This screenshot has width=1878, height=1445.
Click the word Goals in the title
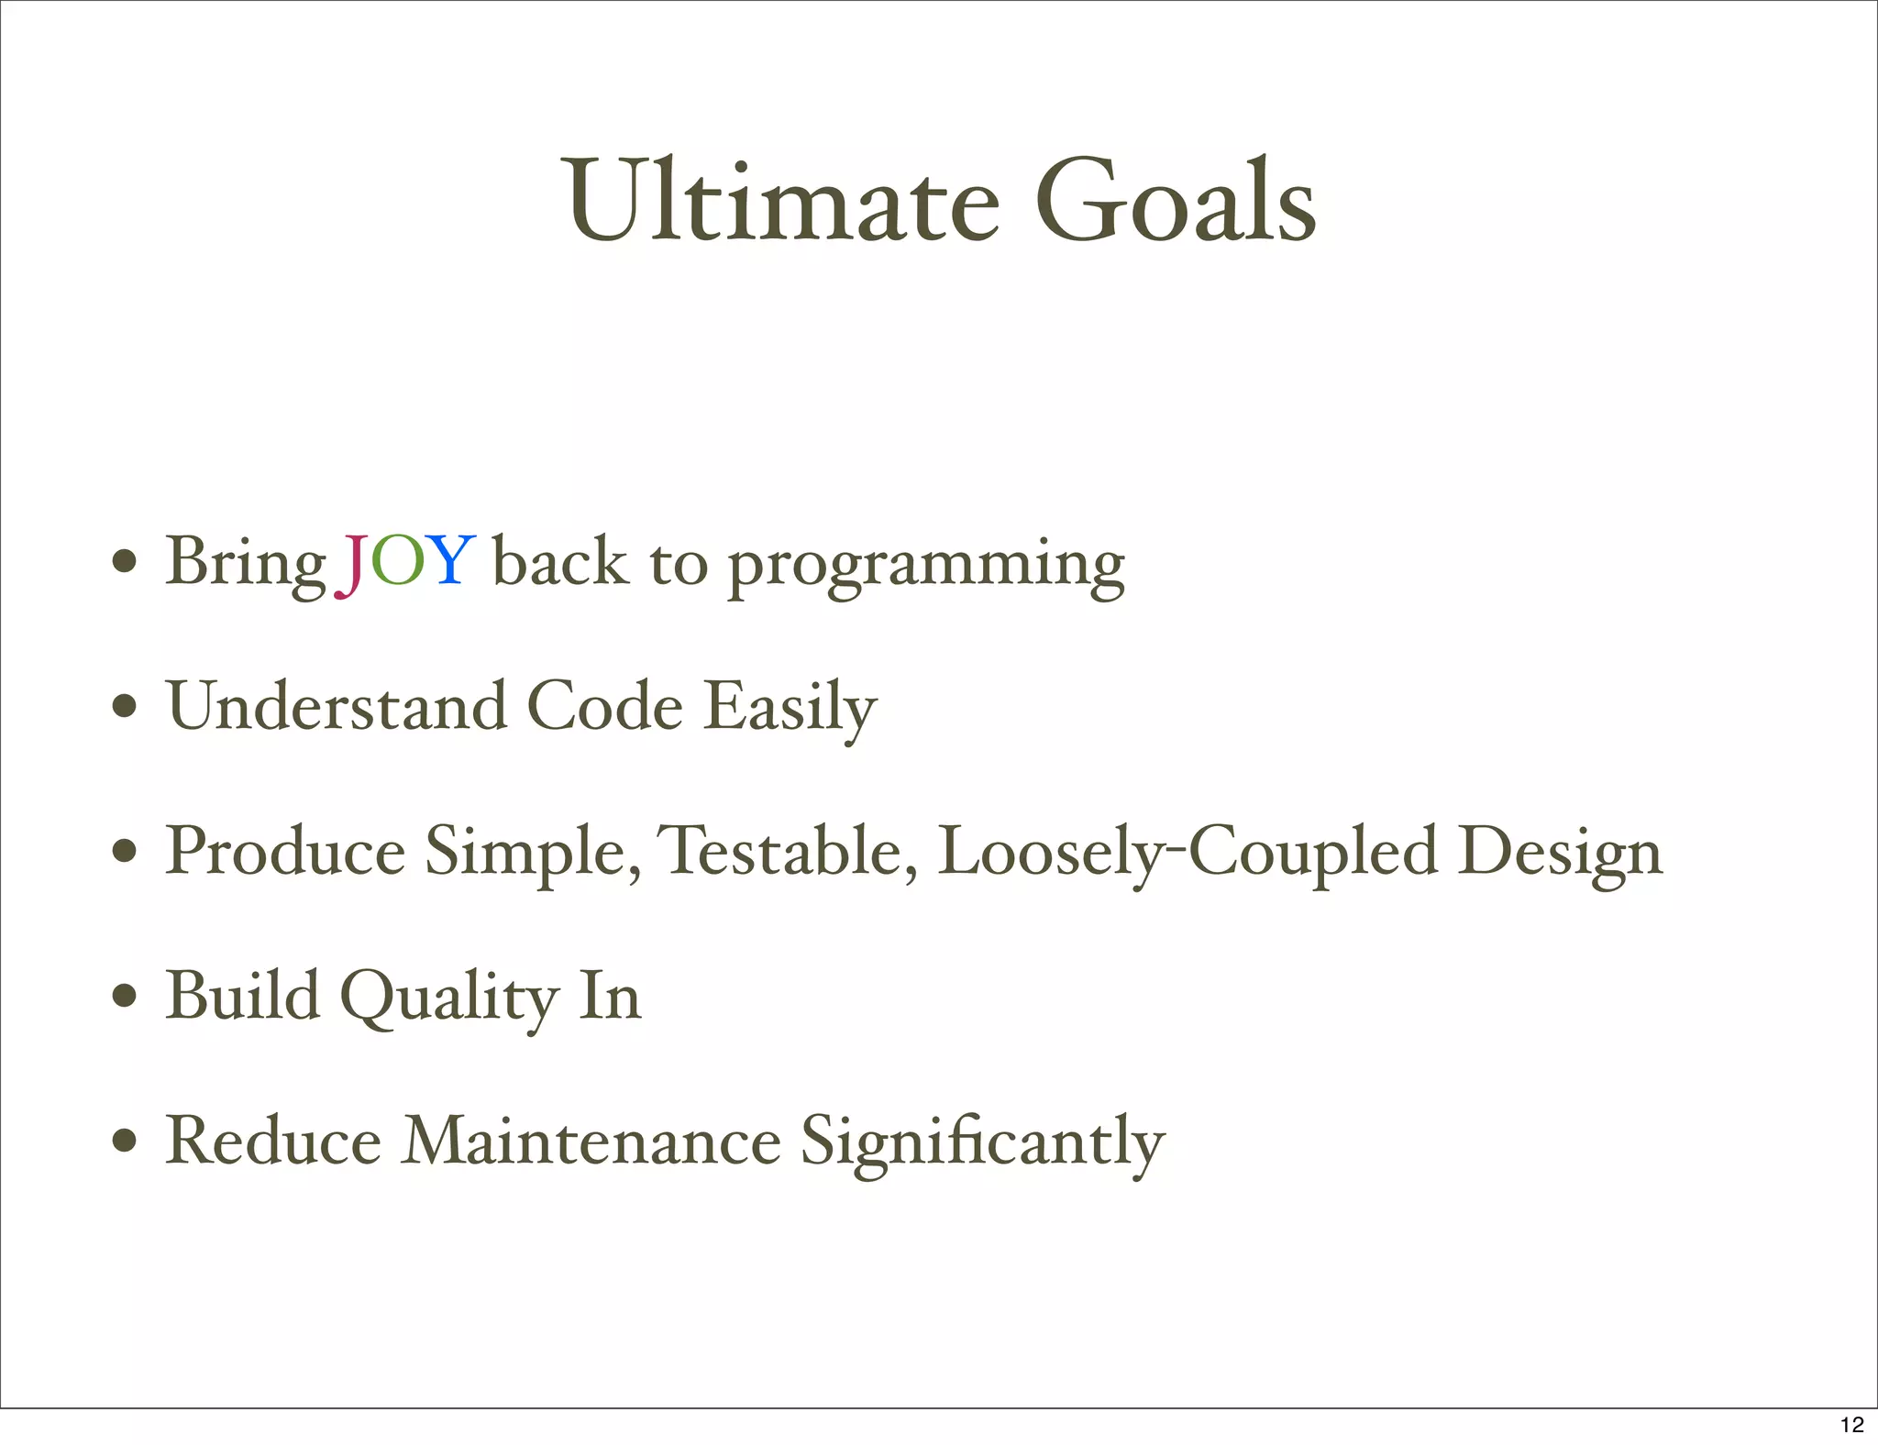point(1176,201)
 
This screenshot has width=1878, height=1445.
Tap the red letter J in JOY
point(352,564)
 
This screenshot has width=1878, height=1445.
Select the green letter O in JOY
point(399,561)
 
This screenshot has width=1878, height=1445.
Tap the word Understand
point(337,707)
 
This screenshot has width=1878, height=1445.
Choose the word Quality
point(449,999)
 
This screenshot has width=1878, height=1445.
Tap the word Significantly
point(982,1144)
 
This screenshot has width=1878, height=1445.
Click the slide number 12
point(1851,1424)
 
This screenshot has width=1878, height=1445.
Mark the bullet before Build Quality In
point(125,997)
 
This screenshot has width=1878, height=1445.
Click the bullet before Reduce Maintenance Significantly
point(125,1142)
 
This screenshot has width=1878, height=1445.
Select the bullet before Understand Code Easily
point(125,707)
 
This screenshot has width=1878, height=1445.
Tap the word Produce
point(285,853)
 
